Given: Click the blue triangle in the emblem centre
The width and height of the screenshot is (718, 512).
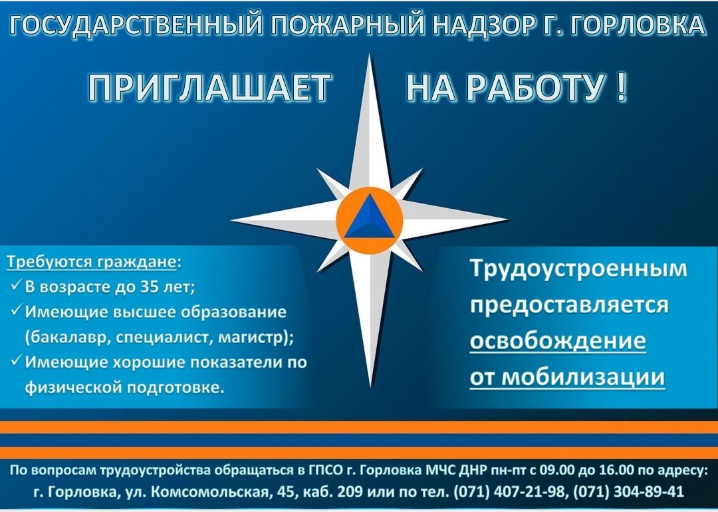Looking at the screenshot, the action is click(x=369, y=216).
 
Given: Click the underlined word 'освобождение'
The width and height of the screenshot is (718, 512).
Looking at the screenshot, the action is click(x=558, y=341).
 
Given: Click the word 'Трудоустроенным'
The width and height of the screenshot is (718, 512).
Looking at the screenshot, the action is click(x=579, y=269).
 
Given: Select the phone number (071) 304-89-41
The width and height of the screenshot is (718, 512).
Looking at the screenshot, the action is click(x=629, y=491).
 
